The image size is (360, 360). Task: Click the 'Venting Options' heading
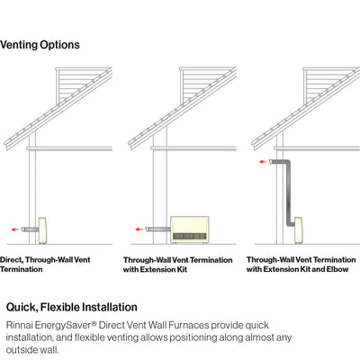coord(40,45)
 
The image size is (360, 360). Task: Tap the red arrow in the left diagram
coord(15,229)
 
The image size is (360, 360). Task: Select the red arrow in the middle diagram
coord(139,229)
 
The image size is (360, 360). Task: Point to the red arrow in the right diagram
coord(264,162)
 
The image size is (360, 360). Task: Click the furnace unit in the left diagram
coord(42,230)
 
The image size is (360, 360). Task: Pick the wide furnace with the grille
coord(190,229)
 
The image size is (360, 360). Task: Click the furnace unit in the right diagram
coord(299,230)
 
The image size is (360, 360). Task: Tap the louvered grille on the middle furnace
coord(190,237)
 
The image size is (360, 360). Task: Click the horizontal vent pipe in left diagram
coord(30,229)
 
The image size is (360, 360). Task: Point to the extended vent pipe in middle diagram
coord(157,229)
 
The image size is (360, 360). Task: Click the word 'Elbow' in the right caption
coord(337,269)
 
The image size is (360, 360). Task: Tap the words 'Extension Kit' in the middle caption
coord(164,269)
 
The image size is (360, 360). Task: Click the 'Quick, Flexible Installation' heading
coord(72,307)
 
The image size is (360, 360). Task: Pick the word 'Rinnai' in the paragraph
coord(19,325)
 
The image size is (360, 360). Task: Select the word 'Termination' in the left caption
coord(22,269)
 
